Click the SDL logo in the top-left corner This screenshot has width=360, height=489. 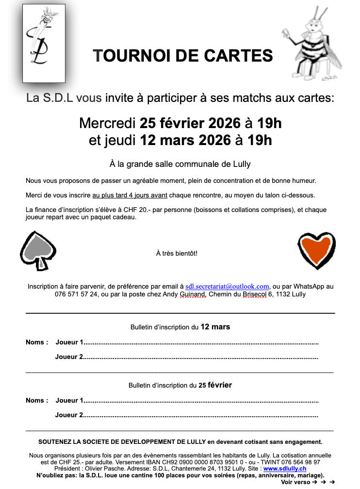coord(44,43)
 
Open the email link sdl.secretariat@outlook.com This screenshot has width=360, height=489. coord(227,287)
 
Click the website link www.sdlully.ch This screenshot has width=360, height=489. coord(285,469)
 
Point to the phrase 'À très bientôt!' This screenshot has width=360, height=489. coord(177,253)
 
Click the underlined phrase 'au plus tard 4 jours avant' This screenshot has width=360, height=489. coord(130,196)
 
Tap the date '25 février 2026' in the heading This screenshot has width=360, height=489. coord(186,123)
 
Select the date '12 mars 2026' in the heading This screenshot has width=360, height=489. coord(185,141)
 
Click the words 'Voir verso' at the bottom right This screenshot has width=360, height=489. coord(295,482)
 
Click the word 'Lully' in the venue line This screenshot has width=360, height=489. coord(241,164)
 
